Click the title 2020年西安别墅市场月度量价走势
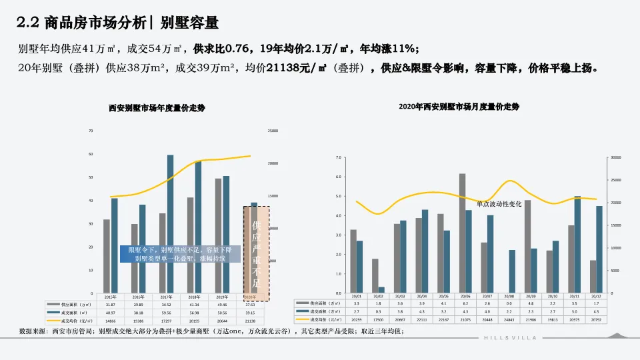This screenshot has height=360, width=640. coord(459,107)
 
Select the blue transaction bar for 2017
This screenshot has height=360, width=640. coord(170,223)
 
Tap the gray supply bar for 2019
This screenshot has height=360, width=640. coord(218,235)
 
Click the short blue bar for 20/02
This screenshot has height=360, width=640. coord(382,290)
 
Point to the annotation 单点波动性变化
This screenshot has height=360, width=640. coord(499,203)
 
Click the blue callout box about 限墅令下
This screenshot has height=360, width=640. coord(177,253)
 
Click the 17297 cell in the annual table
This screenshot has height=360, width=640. coord(167,321)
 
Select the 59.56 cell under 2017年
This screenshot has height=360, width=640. coord(167,312)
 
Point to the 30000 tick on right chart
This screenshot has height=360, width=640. coord(616,157)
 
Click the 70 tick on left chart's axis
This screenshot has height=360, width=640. coord(91,131)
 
